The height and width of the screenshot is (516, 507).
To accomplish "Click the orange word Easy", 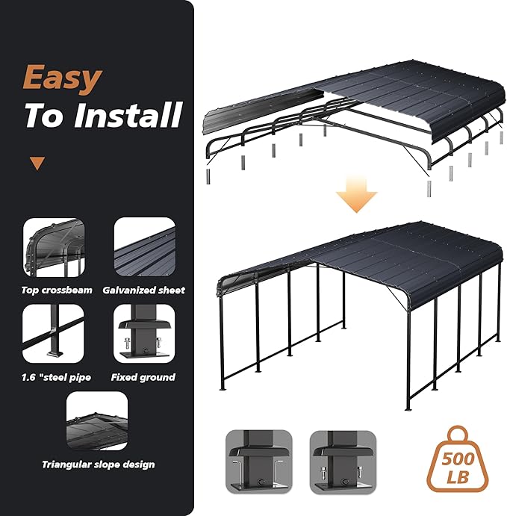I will [x=61, y=78].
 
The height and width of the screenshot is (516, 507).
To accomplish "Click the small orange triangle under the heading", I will [x=37, y=164].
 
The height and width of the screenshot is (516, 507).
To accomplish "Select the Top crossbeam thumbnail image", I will [x=54, y=247].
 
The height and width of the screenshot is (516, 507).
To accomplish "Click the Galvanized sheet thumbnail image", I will [x=144, y=247].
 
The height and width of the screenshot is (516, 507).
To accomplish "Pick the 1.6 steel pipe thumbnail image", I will [x=54, y=335].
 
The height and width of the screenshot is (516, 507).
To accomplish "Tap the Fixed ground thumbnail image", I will [x=144, y=335].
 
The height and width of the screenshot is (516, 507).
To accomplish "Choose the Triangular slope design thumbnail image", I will [x=97, y=420].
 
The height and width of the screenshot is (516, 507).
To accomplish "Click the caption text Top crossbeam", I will [x=57, y=290].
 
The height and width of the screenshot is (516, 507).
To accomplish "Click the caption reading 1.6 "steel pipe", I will [x=57, y=377].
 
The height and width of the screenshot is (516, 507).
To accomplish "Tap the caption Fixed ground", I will [x=143, y=377].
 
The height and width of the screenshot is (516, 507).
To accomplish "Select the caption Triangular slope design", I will [x=99, y=464].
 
